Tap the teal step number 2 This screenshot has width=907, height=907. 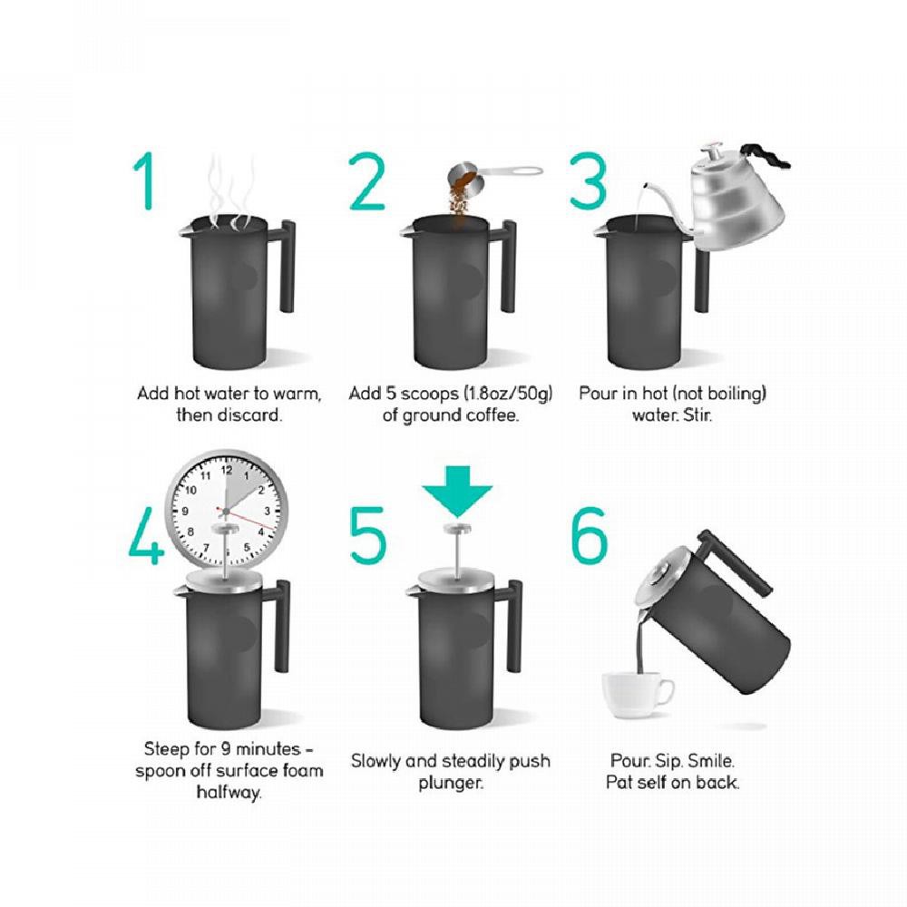click(x=366, y=180)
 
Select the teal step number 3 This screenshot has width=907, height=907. click(x=589, y=180)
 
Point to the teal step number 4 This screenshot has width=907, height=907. click(x=146, y=535)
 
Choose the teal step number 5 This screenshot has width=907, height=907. click(x=367, y=535)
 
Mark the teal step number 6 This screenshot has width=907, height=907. click(x=590, y=535)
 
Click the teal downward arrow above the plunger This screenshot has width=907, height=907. click(x=457, y=492)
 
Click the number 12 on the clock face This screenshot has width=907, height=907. click(x=227, y=470)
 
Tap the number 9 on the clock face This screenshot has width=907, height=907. click(x=185, y=511)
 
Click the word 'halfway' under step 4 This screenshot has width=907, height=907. click(x=229, y=791)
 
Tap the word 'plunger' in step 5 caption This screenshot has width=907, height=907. click(x=450, y=783)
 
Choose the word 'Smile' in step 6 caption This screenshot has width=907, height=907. click(x=711, y=760)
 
